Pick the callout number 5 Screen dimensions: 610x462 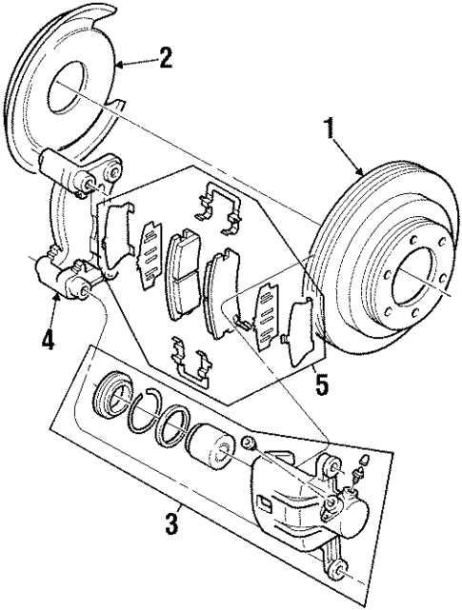(x=321, y=385)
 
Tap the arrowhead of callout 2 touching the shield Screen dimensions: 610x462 (x=119, y=64)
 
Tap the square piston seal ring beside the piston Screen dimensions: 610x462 (x=172, y=425)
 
